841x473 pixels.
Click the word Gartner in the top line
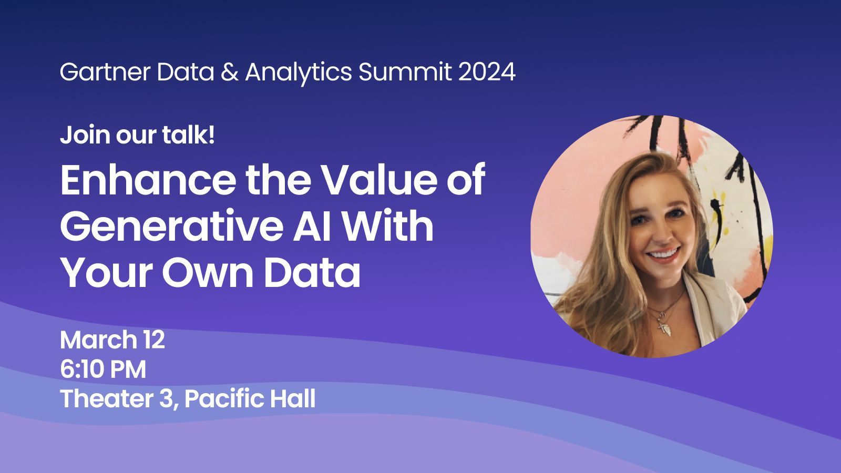105,71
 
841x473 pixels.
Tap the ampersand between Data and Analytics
229,71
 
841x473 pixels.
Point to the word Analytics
299,73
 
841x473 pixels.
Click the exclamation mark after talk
212,135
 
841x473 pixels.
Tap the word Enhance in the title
148,180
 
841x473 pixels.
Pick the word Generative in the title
171,225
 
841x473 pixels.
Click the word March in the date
99,340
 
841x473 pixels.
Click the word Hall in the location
292,398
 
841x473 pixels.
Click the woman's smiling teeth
664,254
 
